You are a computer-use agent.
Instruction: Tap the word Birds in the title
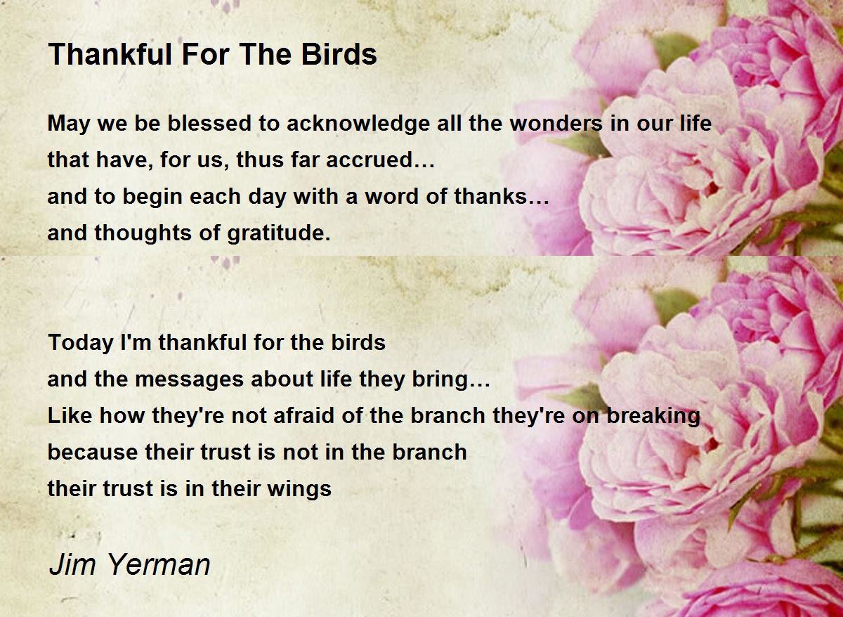[x=339, y=54]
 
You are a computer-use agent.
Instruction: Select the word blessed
[x=209, y=123]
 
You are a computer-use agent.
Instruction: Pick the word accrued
[x=380, y=160]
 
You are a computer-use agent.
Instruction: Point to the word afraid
[x=303, y=415]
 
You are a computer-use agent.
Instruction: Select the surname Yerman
[x=159, y=565]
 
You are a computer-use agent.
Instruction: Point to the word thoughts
[x=143, y=234]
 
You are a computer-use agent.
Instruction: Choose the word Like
[x=70, y=415]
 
